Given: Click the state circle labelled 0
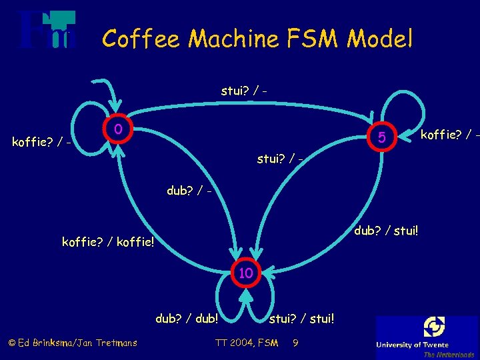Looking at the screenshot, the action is click(117, 129).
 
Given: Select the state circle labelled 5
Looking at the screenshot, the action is click(381, 138).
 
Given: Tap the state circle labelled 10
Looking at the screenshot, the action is click(246, 273).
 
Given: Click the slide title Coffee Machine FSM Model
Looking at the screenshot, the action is click(257, 39).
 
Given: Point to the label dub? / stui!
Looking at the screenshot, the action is click(384, 231).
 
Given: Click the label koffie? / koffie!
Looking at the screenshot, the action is click(108, 241).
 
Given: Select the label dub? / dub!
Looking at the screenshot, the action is click(187, 319).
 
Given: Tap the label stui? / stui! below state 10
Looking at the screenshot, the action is click(302, 319).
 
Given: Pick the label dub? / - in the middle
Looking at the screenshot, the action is click(190, 191).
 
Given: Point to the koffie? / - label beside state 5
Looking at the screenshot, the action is click(449, 135).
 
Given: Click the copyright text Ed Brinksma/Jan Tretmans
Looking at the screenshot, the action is click(73, 343).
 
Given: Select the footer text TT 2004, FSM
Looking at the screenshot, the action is click(247, 343).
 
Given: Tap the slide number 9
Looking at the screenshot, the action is click(295, 343).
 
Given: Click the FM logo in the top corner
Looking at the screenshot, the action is click(47, 30).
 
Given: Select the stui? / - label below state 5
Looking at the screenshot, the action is click(281, 159).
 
